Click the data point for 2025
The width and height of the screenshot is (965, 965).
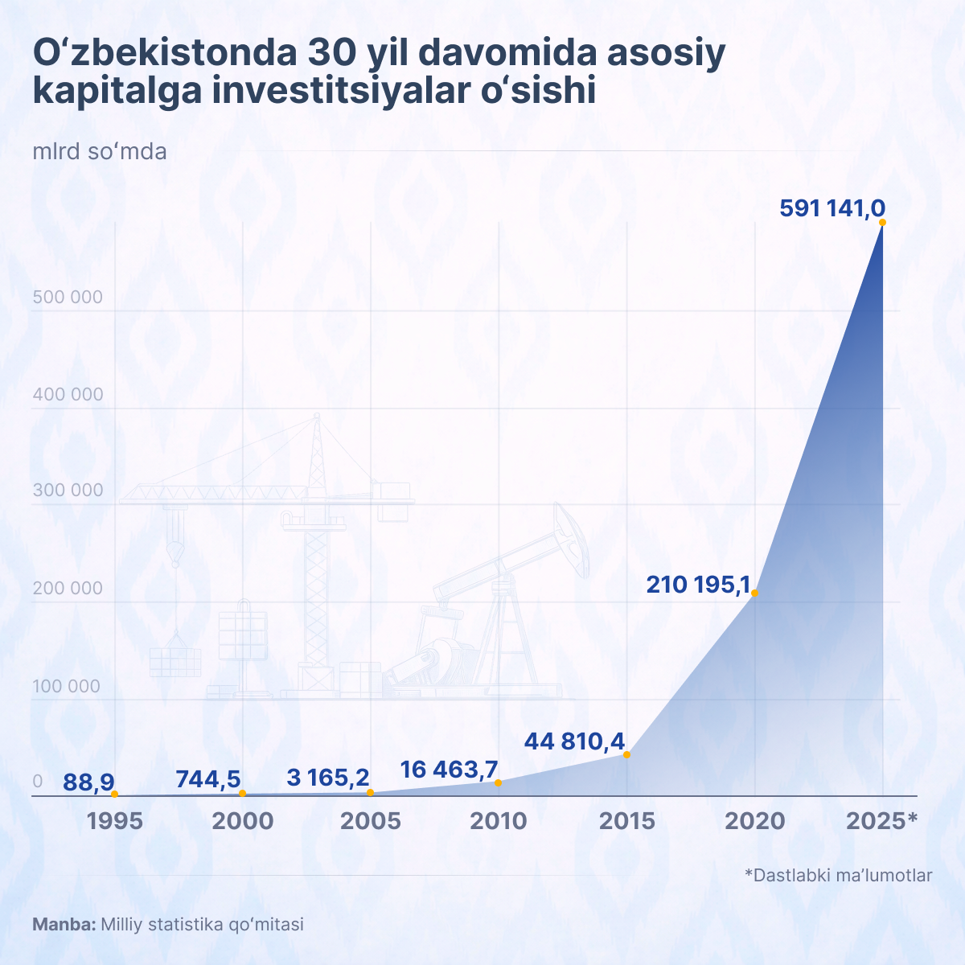tap(882, 223)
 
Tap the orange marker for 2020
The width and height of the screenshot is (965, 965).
tap(754, 593)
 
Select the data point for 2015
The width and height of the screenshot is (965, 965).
tap(626, 754)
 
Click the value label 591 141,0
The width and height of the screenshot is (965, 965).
tap(832, 208)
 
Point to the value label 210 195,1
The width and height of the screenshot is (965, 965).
tap(698, 585)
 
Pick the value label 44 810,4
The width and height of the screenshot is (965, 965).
tap(574, 741)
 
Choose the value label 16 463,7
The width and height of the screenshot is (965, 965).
tap(449, 770)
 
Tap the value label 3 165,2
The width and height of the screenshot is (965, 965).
tap(328, 778)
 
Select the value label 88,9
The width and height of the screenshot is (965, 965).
tap(88, 782)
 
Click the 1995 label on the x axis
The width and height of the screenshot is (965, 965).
tap(114, 821)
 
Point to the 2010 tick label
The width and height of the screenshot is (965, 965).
tap(499, 821)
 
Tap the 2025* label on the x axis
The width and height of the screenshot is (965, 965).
tap(882, 821)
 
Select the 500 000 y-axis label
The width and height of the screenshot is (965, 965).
tap(68, 298)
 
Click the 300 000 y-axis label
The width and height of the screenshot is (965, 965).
tap(68, 491)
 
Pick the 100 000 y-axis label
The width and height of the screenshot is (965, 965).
tap(68, 686)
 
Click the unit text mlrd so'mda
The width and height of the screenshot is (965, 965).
tap(100, 151)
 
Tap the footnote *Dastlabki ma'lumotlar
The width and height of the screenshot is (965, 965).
tap(838, 875)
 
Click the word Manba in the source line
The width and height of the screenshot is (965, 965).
tap(63, 925)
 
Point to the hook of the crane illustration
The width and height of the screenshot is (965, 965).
tap(175, 552)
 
